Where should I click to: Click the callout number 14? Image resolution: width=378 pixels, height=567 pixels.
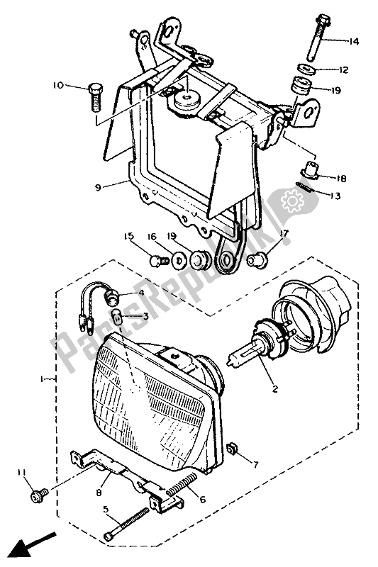353,42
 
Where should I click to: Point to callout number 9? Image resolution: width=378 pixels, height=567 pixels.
98,187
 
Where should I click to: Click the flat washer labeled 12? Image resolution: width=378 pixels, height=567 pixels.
307,68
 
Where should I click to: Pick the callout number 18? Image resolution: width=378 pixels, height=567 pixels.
340,179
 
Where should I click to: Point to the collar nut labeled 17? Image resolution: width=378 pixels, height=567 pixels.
257,260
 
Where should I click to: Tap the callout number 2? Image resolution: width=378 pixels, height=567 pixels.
275,389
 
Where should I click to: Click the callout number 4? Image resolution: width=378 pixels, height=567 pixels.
140,293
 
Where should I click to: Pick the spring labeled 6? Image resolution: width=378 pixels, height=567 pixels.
182,484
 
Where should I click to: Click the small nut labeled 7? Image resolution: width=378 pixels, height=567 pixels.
231,450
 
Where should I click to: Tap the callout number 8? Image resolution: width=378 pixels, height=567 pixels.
99,493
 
